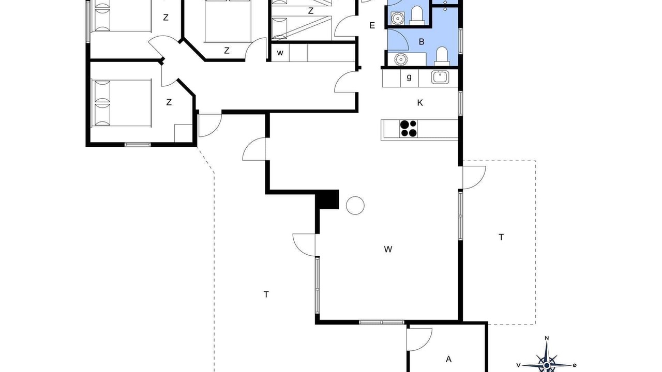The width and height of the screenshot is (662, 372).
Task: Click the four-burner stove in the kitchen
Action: coord(409,129)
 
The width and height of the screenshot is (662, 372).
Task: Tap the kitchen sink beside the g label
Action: coord(440,78)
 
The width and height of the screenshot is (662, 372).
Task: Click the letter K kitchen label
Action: coord(420,103)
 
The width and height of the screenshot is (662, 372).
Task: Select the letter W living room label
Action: coord(388,250)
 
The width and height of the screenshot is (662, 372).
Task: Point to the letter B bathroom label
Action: coord(422,42)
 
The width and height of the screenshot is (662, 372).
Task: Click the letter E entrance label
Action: coord(372,25)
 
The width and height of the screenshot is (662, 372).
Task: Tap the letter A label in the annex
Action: coord(448,359)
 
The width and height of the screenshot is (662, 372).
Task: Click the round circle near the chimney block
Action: coord(355,206)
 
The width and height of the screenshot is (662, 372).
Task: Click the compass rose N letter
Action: coord(547,338)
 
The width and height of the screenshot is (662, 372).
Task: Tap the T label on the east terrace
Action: coord(501,237)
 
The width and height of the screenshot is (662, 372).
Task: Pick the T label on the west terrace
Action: coord(266,295)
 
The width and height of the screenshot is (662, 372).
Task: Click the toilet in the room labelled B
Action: coord(442,56)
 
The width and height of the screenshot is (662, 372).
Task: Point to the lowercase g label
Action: coord(409,78)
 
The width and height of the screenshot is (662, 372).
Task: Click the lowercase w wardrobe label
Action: coord(280,53)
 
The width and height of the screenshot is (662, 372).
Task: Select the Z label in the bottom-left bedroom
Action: coord(169,102)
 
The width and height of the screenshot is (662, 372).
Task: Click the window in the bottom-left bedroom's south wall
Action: coord(138,145)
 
